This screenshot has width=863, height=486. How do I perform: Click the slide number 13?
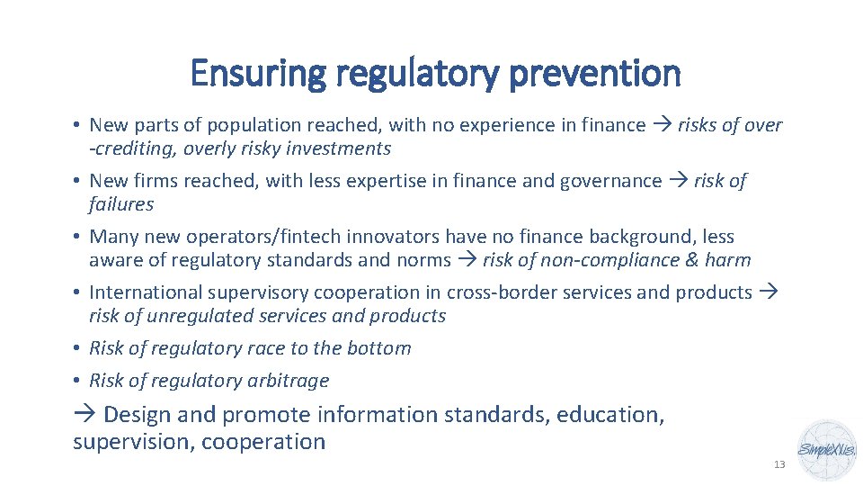point(779,464)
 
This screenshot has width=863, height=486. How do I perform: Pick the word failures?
point(121,204)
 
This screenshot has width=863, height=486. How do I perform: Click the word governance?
point(610,181)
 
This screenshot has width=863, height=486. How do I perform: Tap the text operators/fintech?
point(242,237)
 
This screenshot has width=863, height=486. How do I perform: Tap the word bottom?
point(379,348)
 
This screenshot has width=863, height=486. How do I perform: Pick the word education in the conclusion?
point(609,415)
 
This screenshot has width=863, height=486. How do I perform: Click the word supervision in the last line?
point(133,442)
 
